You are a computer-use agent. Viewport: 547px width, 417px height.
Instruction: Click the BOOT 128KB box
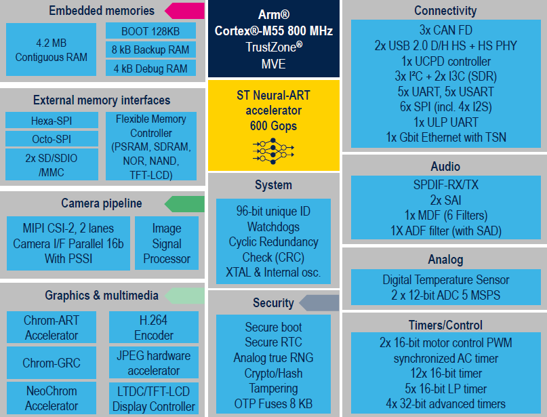pyautogui.click(x=150, y=31)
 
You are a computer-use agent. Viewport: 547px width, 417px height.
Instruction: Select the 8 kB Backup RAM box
pyautogui.click(x=150, y=50)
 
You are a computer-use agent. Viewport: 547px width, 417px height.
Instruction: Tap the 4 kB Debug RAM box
pyautogui.click(x=150, y=68)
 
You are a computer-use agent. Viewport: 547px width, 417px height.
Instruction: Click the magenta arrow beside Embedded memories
pyautogui.click(x=184, y=11)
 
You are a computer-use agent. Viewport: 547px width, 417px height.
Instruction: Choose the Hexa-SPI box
pyautogui.click(x=52, y=121)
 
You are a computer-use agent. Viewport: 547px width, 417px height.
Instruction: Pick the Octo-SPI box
pyautogui.click(x=52, y=139)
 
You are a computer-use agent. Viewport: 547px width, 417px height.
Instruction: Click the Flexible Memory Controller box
pyautogui.click(x=151, y=146)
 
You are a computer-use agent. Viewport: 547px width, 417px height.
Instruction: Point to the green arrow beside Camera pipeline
pyautogui.click(x=184, y=203)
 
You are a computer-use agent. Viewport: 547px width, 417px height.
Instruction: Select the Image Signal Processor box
pyautogui.click(x=167, y=243)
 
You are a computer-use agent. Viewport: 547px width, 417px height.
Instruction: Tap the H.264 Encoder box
pyautogui.click(x=154, y=327)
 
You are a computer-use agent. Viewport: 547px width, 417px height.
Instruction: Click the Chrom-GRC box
pyautogui.click(x=52, y=363)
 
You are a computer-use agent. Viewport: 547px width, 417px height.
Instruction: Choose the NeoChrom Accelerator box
pyautogui.click(x=52, y=399)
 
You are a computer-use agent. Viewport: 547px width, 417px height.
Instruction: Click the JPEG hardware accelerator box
pyautogui.click(x=154, y=363)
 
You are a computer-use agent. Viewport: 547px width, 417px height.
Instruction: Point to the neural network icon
pyautogui.click(x=273, y=149)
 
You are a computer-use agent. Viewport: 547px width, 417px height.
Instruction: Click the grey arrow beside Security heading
pyautogui.click(x=319, y=303)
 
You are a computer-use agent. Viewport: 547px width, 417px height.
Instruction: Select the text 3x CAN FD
pyautogui.click(x=445, y=31)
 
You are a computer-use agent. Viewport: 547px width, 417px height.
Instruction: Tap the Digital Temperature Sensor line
pyautogui.click(x=445, y=280)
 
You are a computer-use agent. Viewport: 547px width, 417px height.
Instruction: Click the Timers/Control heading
pyautogui.click(x=445, y=325)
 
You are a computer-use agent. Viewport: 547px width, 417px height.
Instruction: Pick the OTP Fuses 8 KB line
pyautogui.click(x=273, y=403)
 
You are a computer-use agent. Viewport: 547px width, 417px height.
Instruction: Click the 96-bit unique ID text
pyautogui.click(x=273, y=211)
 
